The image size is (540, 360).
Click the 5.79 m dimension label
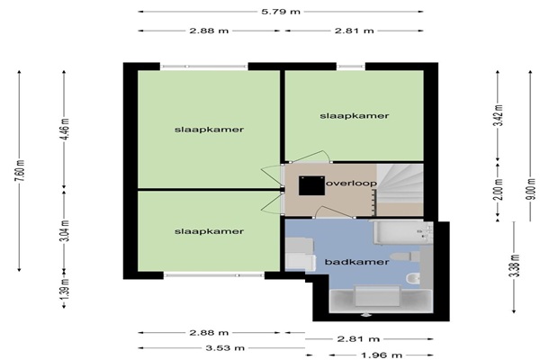point(281,12)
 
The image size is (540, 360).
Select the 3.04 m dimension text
point(65,229)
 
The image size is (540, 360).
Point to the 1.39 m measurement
point(65,289)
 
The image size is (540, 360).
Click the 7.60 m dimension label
point(21,170)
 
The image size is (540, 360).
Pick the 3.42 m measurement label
point(499,115)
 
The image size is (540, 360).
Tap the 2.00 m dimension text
point(499,189)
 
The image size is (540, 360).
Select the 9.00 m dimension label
point(532,189)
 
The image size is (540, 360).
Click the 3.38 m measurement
point(515,265)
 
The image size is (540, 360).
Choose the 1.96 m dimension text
point(382,355)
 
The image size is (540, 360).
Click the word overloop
point(351,184)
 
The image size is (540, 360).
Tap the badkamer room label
point(356,262)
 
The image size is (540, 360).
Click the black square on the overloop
point(311,185)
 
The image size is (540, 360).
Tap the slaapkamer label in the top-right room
point(355,116)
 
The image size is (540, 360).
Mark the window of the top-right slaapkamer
point(351,67)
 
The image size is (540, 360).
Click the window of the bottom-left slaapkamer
point(214,275)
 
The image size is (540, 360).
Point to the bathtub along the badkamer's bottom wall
point(381,300)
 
